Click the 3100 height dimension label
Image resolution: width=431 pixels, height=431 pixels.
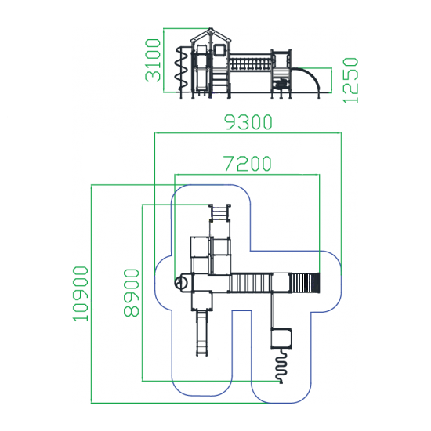pyautogui.click(x=153, y=60)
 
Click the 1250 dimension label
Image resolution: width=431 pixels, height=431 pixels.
pyautogui.click(x=350, y=81)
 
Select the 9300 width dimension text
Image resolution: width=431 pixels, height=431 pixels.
pyautogui.click(x=248, y=122)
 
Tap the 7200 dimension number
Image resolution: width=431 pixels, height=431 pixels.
pyautogui.click(x=248, y=164)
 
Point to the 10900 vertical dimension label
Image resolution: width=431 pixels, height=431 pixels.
pyautogui.click(x=81, y=294)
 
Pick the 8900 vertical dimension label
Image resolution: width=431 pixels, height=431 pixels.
pyautogui.click(x=131, y=293)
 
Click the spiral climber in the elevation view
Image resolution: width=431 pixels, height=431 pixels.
pyautogui.click(x=181, y=69)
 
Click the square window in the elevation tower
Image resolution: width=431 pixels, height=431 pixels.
pyautogui.click(x=219, y=50)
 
